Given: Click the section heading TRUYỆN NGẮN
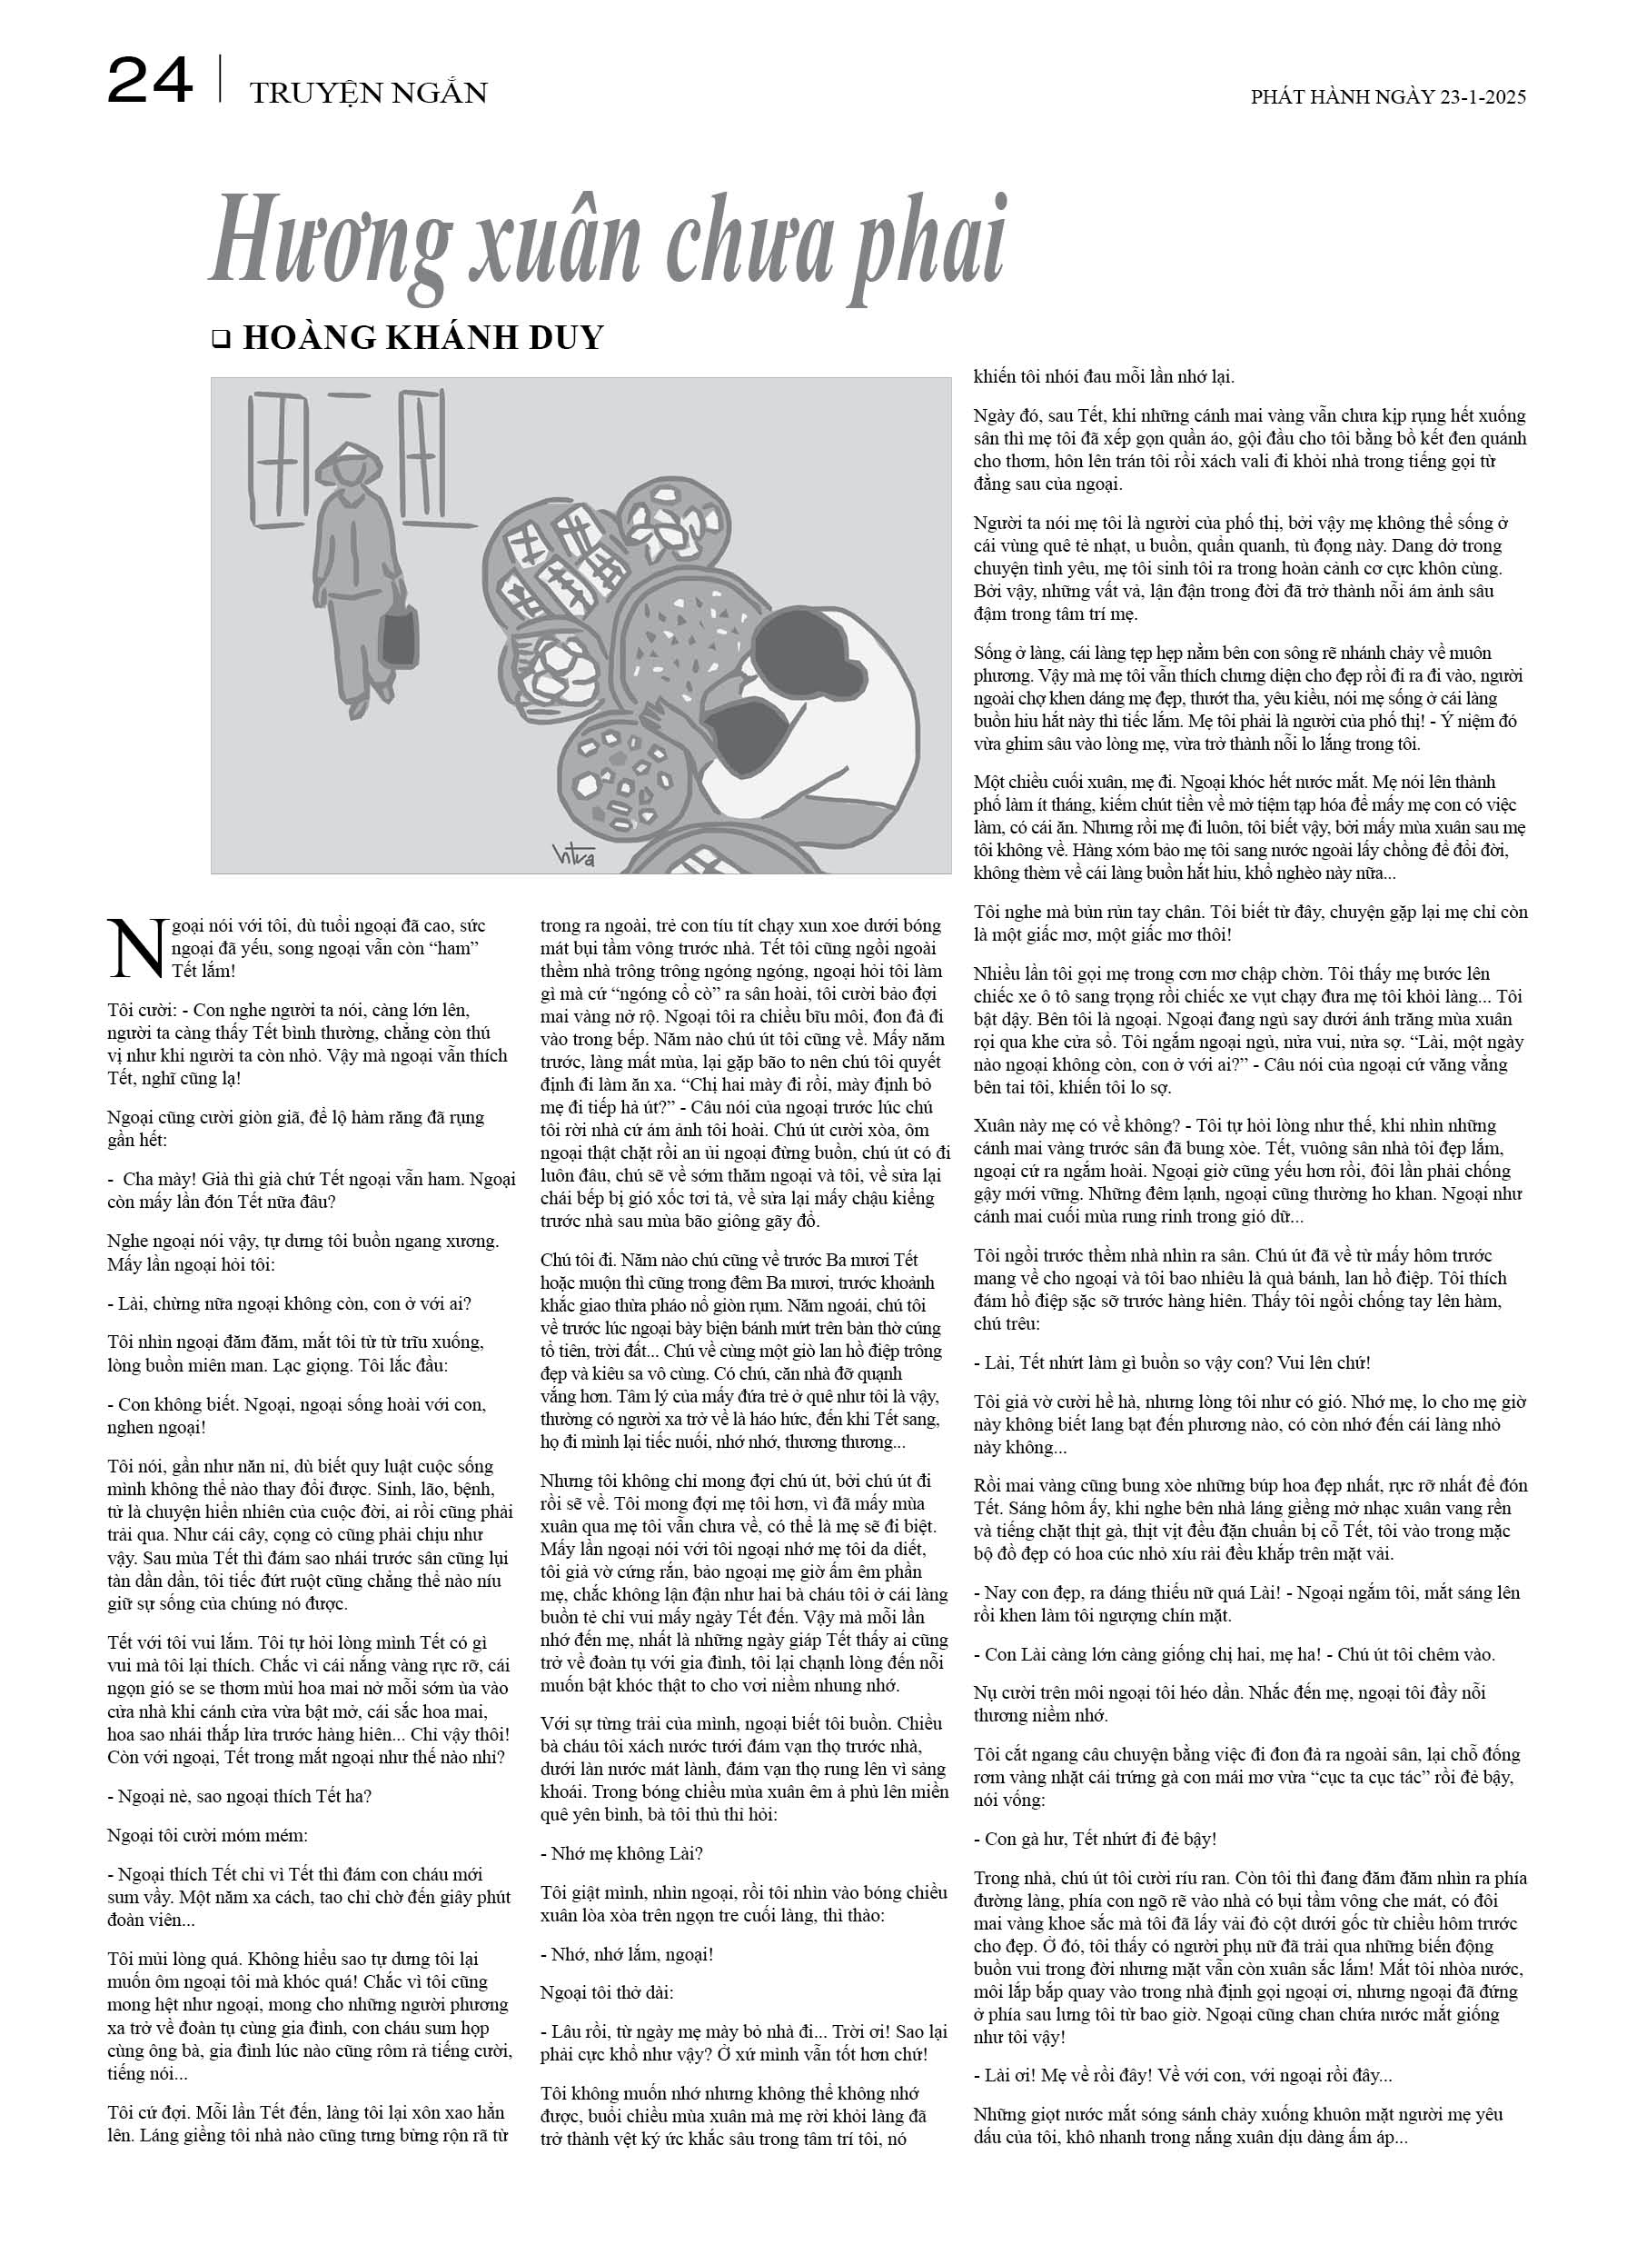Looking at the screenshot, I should pyautogui.click(x=369, y=94).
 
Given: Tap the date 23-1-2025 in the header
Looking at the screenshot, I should pyautogui.click(x=1482, y=97).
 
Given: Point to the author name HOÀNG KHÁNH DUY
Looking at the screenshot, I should pyautogui.click(x=423, y=338).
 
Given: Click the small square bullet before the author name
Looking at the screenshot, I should pyautogui.click(x=221, y=340).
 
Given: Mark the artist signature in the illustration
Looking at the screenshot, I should pyautogui.click(x=572, y=854).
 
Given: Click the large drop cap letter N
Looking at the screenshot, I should pyautogui.click(x=134, y=945).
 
